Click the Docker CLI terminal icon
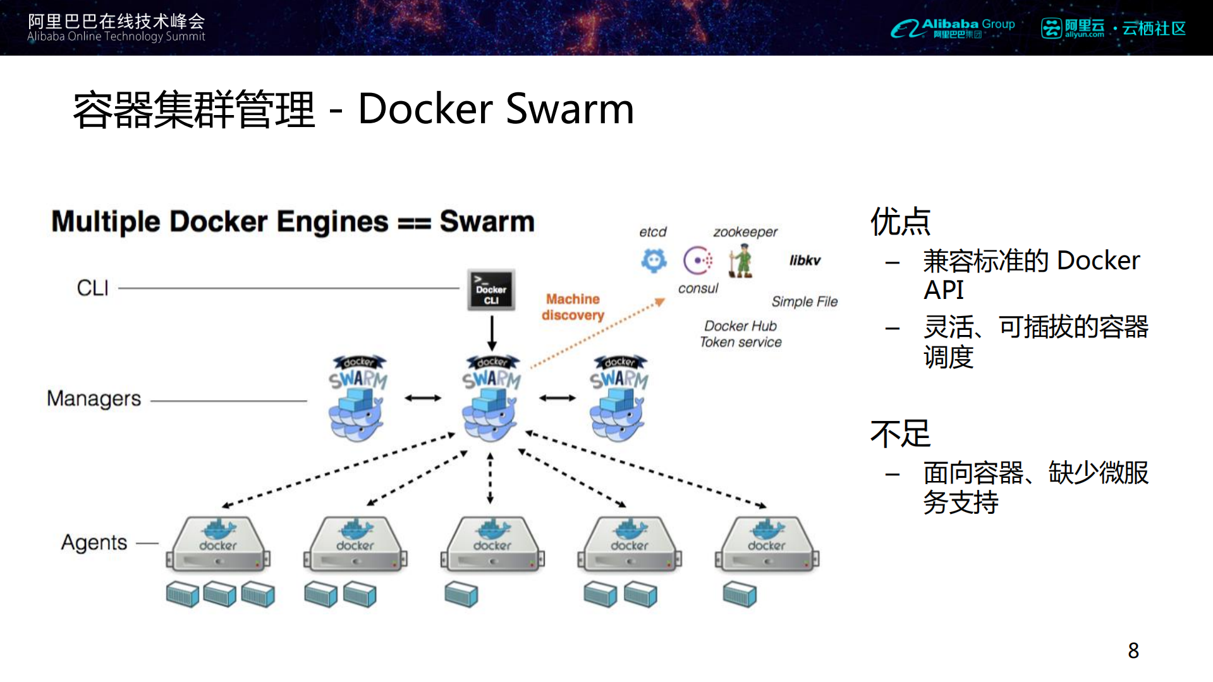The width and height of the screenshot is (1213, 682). click(491, 290)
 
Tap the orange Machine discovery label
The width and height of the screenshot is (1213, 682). click(573, 307)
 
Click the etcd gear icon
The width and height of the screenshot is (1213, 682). click(654, 260)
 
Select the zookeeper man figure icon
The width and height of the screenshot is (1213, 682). click(741, 261)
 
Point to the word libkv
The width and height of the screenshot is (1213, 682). click(805, 260)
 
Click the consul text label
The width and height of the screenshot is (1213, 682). click(698, 289)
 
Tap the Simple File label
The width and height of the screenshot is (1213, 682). click(804, 301)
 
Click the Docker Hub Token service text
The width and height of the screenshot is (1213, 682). click(740, 334)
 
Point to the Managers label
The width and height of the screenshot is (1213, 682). click(94, 399)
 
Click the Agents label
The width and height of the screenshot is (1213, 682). click(94, 542)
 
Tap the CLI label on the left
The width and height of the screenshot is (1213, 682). click(92, 288)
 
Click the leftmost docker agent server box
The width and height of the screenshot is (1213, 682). click(218, 544)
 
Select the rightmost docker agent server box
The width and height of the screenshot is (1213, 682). click(766, 544)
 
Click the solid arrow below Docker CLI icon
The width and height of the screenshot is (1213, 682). click(491, 333)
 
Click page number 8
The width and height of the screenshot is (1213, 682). click(1133, 650)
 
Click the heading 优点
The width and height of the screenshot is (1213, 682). click(900, 222)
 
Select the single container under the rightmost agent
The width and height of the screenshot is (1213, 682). click(739, 595)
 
